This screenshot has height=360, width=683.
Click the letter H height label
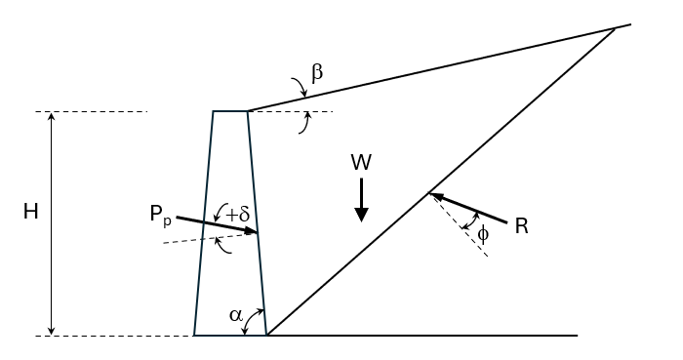click(30, 211)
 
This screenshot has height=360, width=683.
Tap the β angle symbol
click(316, 72)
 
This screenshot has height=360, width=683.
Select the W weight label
click(361, 162)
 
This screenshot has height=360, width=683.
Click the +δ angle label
click(237, 214)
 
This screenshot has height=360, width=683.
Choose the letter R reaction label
click(521, 226)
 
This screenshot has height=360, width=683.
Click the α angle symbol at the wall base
click(235, 314)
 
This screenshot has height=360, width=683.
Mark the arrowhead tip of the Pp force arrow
click(257, 232)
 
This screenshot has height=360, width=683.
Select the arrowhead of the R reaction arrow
click(433, 195)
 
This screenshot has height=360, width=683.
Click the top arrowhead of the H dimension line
click(52, 115)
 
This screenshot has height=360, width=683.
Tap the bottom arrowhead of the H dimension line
click(52, 332)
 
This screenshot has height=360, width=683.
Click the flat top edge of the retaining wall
click(230, 111)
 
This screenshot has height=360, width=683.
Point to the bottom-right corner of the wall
click(267, 336)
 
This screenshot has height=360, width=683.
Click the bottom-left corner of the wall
click(194, 336)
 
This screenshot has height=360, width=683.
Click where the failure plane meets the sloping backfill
click(616, 28)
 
